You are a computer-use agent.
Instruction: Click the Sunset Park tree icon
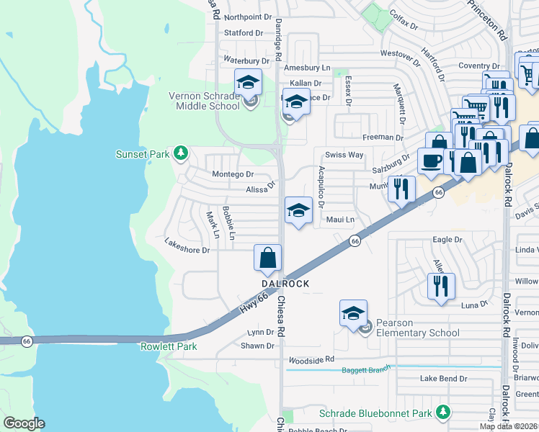(181, 153)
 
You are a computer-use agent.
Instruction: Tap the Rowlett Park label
(163, 346)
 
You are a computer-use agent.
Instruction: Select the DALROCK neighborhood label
(285, 284)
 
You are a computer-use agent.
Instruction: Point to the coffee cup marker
(432, 161)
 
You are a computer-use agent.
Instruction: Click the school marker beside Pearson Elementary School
(353, 314)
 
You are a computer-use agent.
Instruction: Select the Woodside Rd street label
(311, 359)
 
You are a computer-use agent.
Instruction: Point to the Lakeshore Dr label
(187, 251)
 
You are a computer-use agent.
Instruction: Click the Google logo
(24, 423)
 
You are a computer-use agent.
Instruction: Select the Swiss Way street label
(344, 155)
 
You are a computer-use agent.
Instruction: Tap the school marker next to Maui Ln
(299, 210)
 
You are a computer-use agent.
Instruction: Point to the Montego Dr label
(233, 174)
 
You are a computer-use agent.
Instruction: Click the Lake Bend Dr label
(444, 379)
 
